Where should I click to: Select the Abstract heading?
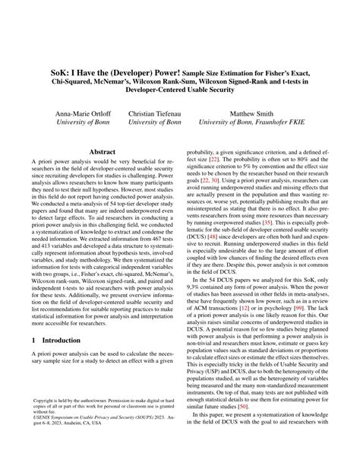(103, 152)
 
